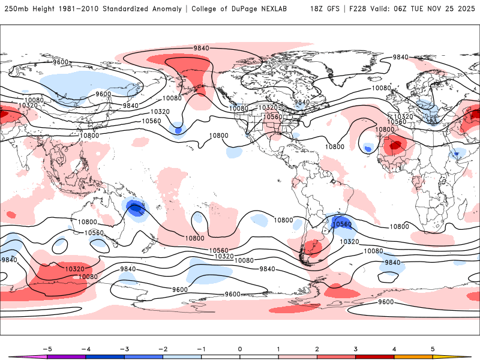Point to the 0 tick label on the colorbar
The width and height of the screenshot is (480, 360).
click(x=240, y=348)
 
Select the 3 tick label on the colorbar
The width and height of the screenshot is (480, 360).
click(x=355, y=348)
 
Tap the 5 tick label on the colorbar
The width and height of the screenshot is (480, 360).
click(x=433, y=348)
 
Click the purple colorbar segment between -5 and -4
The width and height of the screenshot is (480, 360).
click(x=67, y=356)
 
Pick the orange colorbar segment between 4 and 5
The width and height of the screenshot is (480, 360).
click(x=413, y=356)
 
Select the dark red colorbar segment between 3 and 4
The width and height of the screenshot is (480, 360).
click(x=375, y=356)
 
